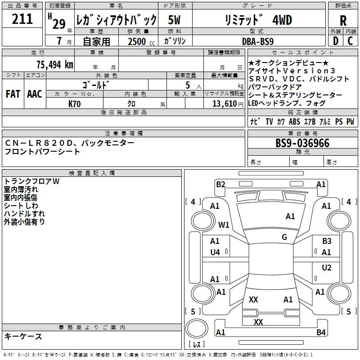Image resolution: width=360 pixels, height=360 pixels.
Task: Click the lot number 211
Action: tap(22, 19)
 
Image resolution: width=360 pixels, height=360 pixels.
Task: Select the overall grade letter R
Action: tap(343, 20)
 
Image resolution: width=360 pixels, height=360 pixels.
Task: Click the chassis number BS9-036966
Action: tap(302, 144)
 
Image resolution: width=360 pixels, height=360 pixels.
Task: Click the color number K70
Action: tap(75, 103)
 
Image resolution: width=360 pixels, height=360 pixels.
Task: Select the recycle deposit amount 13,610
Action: tap(226, 103)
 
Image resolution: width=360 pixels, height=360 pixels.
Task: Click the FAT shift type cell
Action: tap(13, 94)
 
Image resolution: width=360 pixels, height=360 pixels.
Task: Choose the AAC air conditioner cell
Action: tap(35, 94)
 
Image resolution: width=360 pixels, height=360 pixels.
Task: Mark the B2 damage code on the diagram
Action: tap(220, 184)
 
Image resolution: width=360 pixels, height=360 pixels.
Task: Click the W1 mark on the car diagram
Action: tap(224, 225)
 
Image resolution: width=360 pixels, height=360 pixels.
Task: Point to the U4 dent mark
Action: tap(215, 252)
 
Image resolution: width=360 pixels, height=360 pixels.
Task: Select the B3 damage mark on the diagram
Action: tap(327, 241)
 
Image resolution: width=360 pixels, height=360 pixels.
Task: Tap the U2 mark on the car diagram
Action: tap(327, 268)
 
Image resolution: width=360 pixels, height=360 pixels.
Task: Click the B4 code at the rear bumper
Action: tap(321, 333)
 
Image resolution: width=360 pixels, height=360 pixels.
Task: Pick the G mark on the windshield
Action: tap(284, 237)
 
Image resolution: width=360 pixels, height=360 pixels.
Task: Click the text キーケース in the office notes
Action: tap(23, 336)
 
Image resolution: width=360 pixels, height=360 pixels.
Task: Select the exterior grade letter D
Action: tap(335, 41)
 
